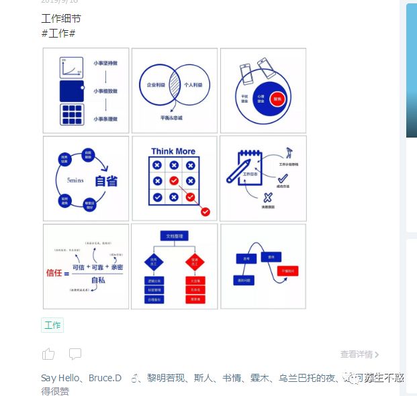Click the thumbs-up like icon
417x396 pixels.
pyautogui.click(x=48, y=354)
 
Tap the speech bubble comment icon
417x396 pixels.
pyautogui.click(x=75, y=354)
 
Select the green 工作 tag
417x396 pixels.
pyautogui.click(x=52, y=326)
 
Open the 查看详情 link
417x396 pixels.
pyautogui.click(x=359, y=354)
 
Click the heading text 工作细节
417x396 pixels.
pyautogui.click(x=60, y=18)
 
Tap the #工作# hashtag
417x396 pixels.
pyautogui.click(x=58, y=33)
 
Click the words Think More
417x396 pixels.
pyautogui.click(x=174, y=152)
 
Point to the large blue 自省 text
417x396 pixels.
pyautogui.click(x=107, y=181)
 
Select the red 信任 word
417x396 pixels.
pyautogui.click(x=54, y=273)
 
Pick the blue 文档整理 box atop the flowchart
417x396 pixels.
pyautogui.click(x=174, y=236)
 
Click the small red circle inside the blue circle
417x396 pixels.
pyautogui.click(x=278, y=99)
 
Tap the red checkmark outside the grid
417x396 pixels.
pyautogui.click(x=205, y=211)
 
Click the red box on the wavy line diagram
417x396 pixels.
pyautogui.click(x=289, y=271)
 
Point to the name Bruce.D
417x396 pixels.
pyautogui.click(x=105, y=378)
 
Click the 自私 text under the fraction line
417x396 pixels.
pyautogui.click(x=98, y=281)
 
